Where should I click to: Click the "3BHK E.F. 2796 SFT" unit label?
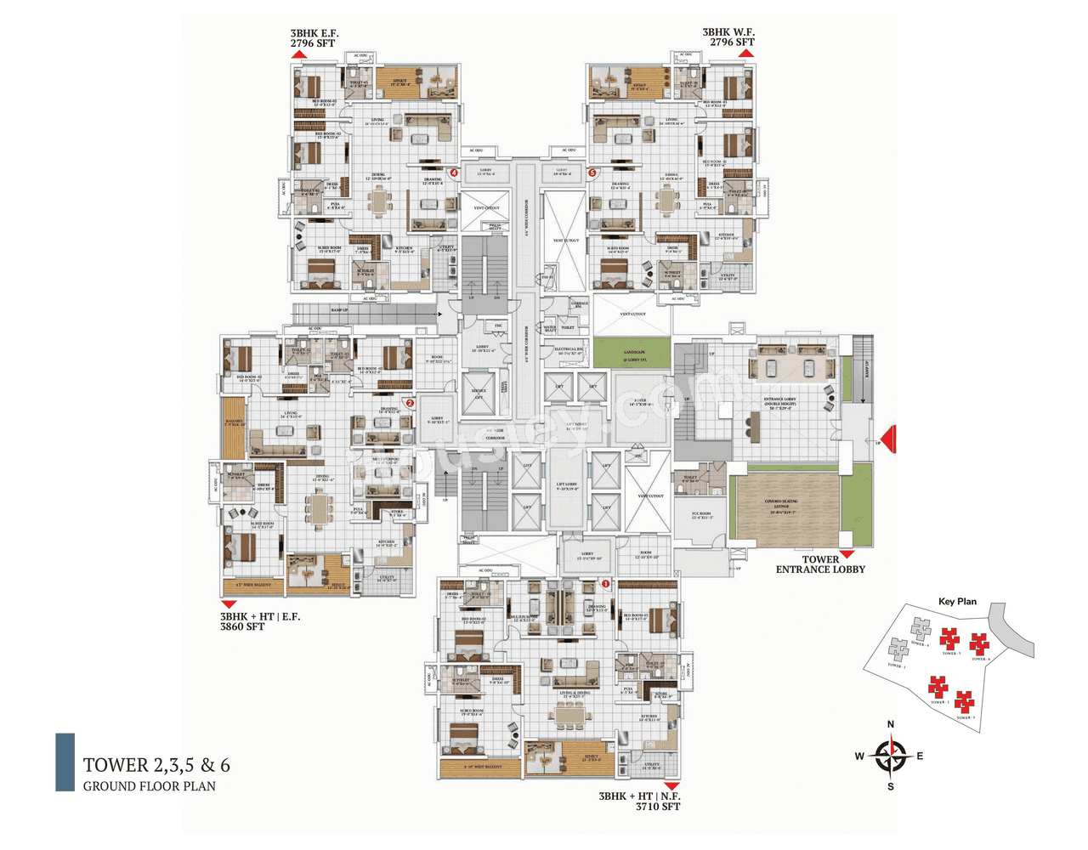314,38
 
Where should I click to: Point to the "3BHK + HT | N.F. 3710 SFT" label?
640,802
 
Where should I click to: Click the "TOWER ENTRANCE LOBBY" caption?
820,564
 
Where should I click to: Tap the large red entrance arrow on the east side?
888,439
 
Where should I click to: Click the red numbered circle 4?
454,173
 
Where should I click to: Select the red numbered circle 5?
592,173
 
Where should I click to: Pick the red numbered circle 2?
410,404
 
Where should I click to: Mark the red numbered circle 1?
606,584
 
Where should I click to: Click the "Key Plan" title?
957,602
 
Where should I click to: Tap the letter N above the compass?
891,725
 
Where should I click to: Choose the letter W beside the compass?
859,756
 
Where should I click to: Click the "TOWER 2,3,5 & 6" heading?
156,765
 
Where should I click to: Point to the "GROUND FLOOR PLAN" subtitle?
150,786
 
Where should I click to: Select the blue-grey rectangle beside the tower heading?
65,762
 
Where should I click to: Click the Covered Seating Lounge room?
781,507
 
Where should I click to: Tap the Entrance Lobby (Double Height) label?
780,403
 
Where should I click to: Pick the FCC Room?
702,515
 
